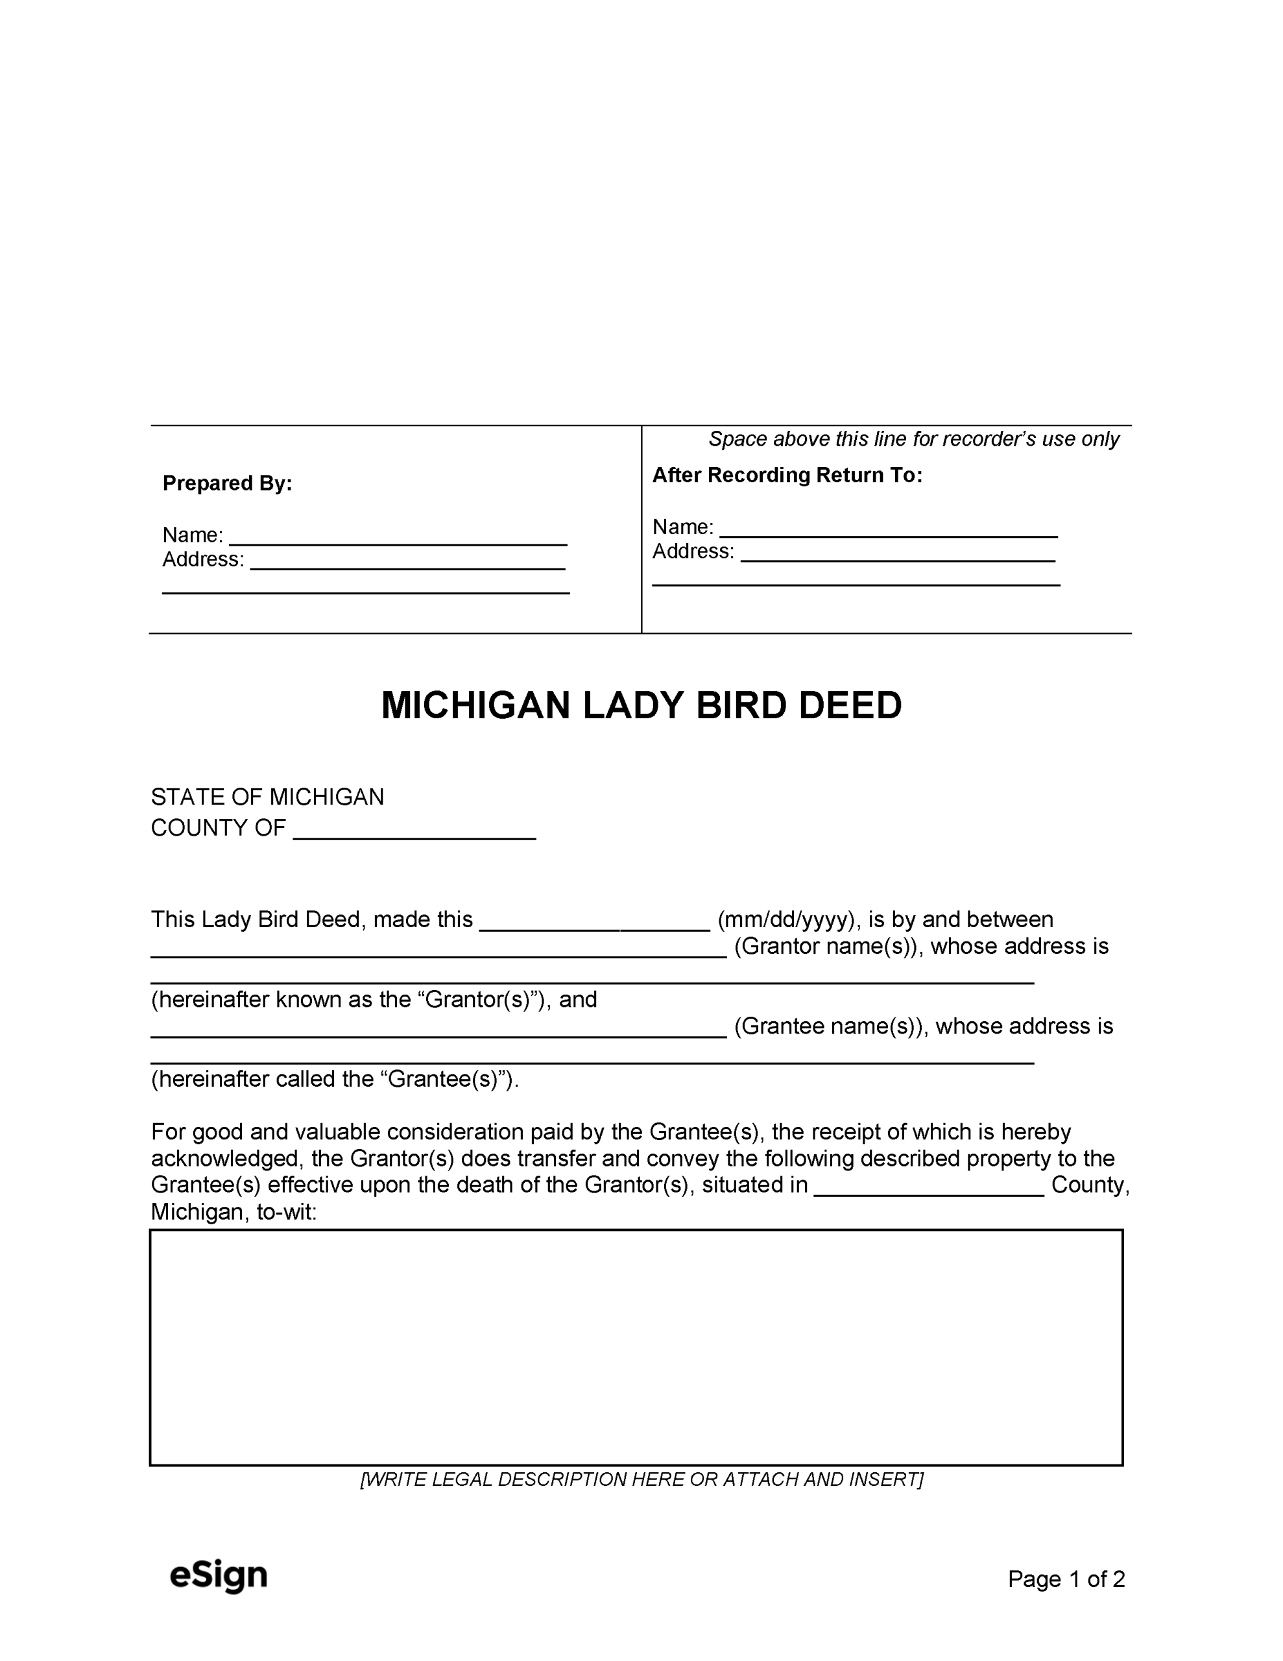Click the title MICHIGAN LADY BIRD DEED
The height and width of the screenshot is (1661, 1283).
(641, 705)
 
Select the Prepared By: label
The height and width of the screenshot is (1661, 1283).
(228, 483)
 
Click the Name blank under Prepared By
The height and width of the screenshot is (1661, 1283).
(398, 538)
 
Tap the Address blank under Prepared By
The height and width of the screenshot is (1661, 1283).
(407, 562)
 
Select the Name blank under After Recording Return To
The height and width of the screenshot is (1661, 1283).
(888, 530)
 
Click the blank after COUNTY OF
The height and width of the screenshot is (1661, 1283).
(414, 831)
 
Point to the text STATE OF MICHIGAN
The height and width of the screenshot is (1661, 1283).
(267, 797)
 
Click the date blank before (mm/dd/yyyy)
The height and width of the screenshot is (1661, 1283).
(595, 923)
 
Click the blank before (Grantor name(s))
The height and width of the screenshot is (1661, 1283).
(439, 950)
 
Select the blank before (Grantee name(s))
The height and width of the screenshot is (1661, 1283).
(439, 1030)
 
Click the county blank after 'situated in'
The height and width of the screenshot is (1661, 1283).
(929, 1189)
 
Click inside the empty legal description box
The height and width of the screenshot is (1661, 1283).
(636, 1347)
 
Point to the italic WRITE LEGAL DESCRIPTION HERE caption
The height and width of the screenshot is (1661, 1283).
(641, 1479)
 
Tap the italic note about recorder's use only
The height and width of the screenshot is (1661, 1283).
(913, 439)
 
